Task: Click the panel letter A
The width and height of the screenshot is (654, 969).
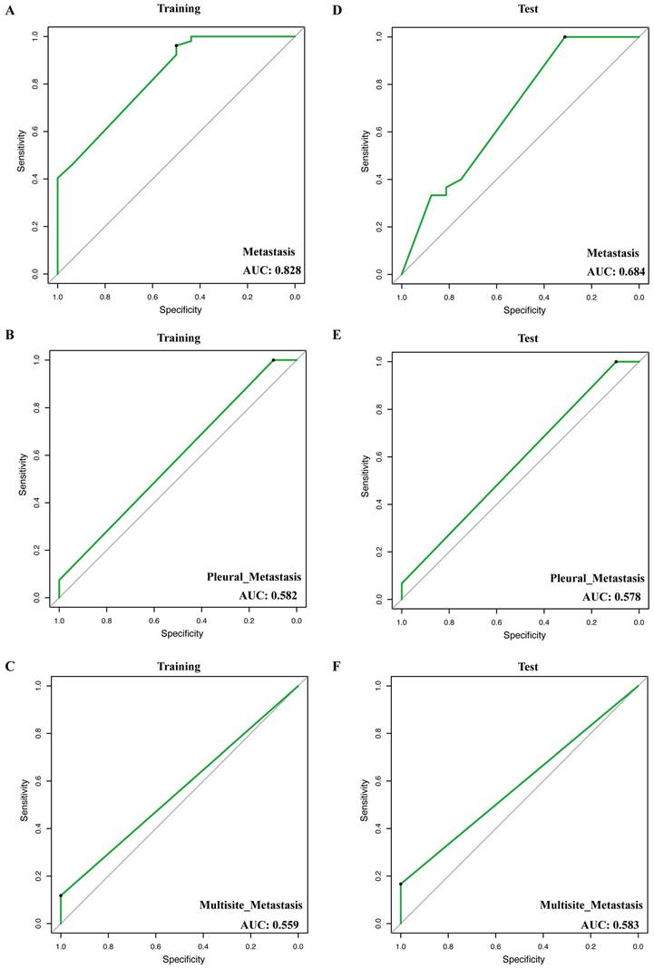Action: [x=9, y=10]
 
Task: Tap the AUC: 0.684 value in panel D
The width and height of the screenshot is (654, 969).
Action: [x=613, y=271]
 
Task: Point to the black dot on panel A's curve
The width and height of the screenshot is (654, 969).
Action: [x=176, y=45]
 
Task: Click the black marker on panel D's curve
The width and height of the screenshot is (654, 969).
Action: [x=564, y=37]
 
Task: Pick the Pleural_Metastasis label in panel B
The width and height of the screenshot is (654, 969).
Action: [x=254, y=577]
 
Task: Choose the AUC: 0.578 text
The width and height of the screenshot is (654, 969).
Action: [x=611, y=597]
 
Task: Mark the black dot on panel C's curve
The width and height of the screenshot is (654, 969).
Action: [x=61, y=896]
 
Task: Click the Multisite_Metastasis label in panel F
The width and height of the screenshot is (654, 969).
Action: [x=591, y=905]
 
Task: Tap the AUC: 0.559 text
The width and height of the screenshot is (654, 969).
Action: [x=270, y=925]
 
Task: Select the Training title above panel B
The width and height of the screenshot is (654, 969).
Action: [x=179, y=338]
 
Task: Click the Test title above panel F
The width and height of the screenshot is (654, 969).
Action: [x=529, y=668]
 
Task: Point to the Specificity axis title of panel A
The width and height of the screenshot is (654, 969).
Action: [x=181, y=309]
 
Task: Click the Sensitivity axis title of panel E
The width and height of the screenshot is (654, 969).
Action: [x=366, y=475]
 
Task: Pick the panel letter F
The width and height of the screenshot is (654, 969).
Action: [x=337, y=668]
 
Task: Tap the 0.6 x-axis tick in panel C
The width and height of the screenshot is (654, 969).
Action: [x=156, y=946]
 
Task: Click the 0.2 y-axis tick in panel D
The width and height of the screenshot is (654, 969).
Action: [x=378, y=227]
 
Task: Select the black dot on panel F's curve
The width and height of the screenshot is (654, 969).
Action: [x=401, y=884]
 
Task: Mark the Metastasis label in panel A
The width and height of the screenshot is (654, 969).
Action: [x=268, y=252]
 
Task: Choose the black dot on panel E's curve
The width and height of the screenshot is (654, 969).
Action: [x=616, y=361]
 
